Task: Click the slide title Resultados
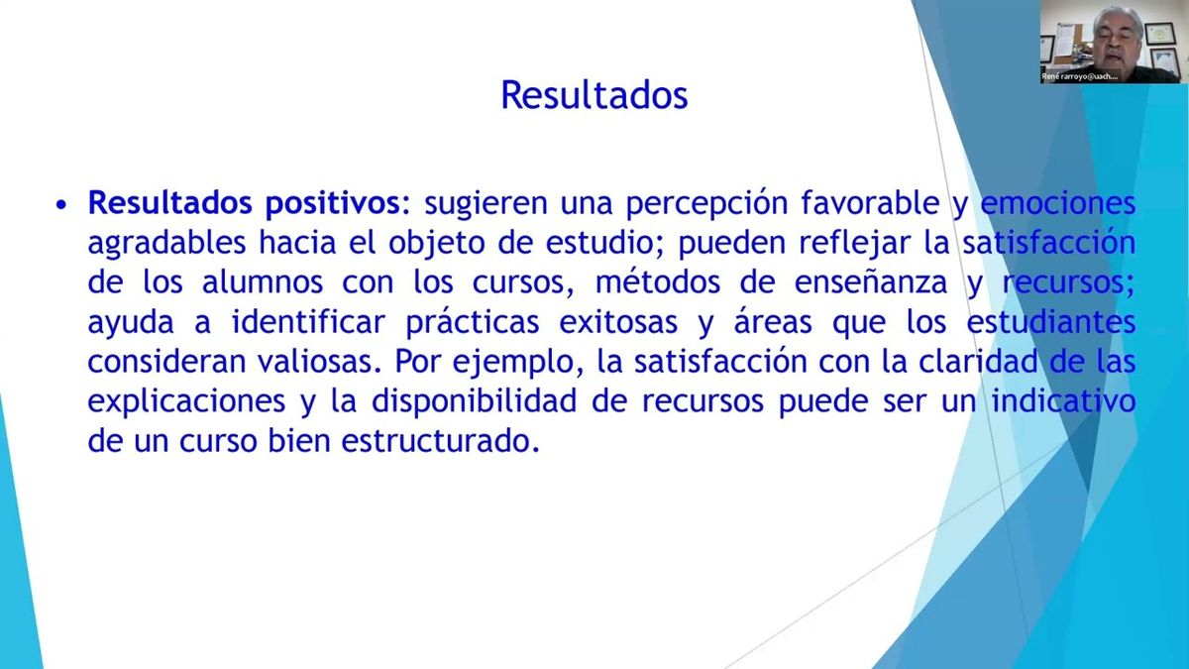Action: click(x=594, y=95)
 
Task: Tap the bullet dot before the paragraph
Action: click(x=62, y=205)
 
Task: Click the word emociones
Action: click(x=1057, y=203)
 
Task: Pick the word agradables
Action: click(x=167, y=243)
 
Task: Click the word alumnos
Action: click(x=257, y=282)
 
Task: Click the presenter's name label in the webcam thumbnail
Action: click(x=1082, y=76)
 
